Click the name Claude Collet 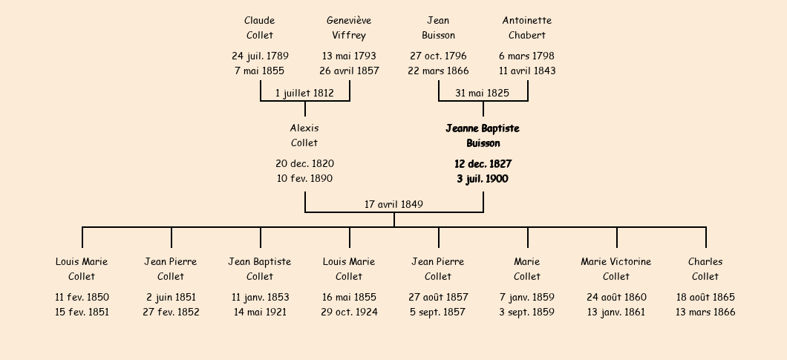[260, 27]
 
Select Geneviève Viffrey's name [349, 27]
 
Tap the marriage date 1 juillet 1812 [304, 93]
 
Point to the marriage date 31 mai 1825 [483, 93]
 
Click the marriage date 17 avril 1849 [393, 204]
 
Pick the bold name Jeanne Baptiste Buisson [483, 136]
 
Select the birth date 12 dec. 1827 [483, 164]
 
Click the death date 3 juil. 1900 [483, 179]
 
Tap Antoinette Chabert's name [527, 27]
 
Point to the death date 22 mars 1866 [438, 71]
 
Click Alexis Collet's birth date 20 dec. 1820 [304, 164]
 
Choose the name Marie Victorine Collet [615, 269]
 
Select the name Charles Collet [705, 269]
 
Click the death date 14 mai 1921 [260, 312]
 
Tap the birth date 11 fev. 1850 [82, 297]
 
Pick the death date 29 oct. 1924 [350, 312]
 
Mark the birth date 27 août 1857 [438, 297]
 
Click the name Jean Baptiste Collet [260, 269]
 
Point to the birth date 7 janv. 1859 [527, 297]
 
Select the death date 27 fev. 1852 [171, 312]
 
